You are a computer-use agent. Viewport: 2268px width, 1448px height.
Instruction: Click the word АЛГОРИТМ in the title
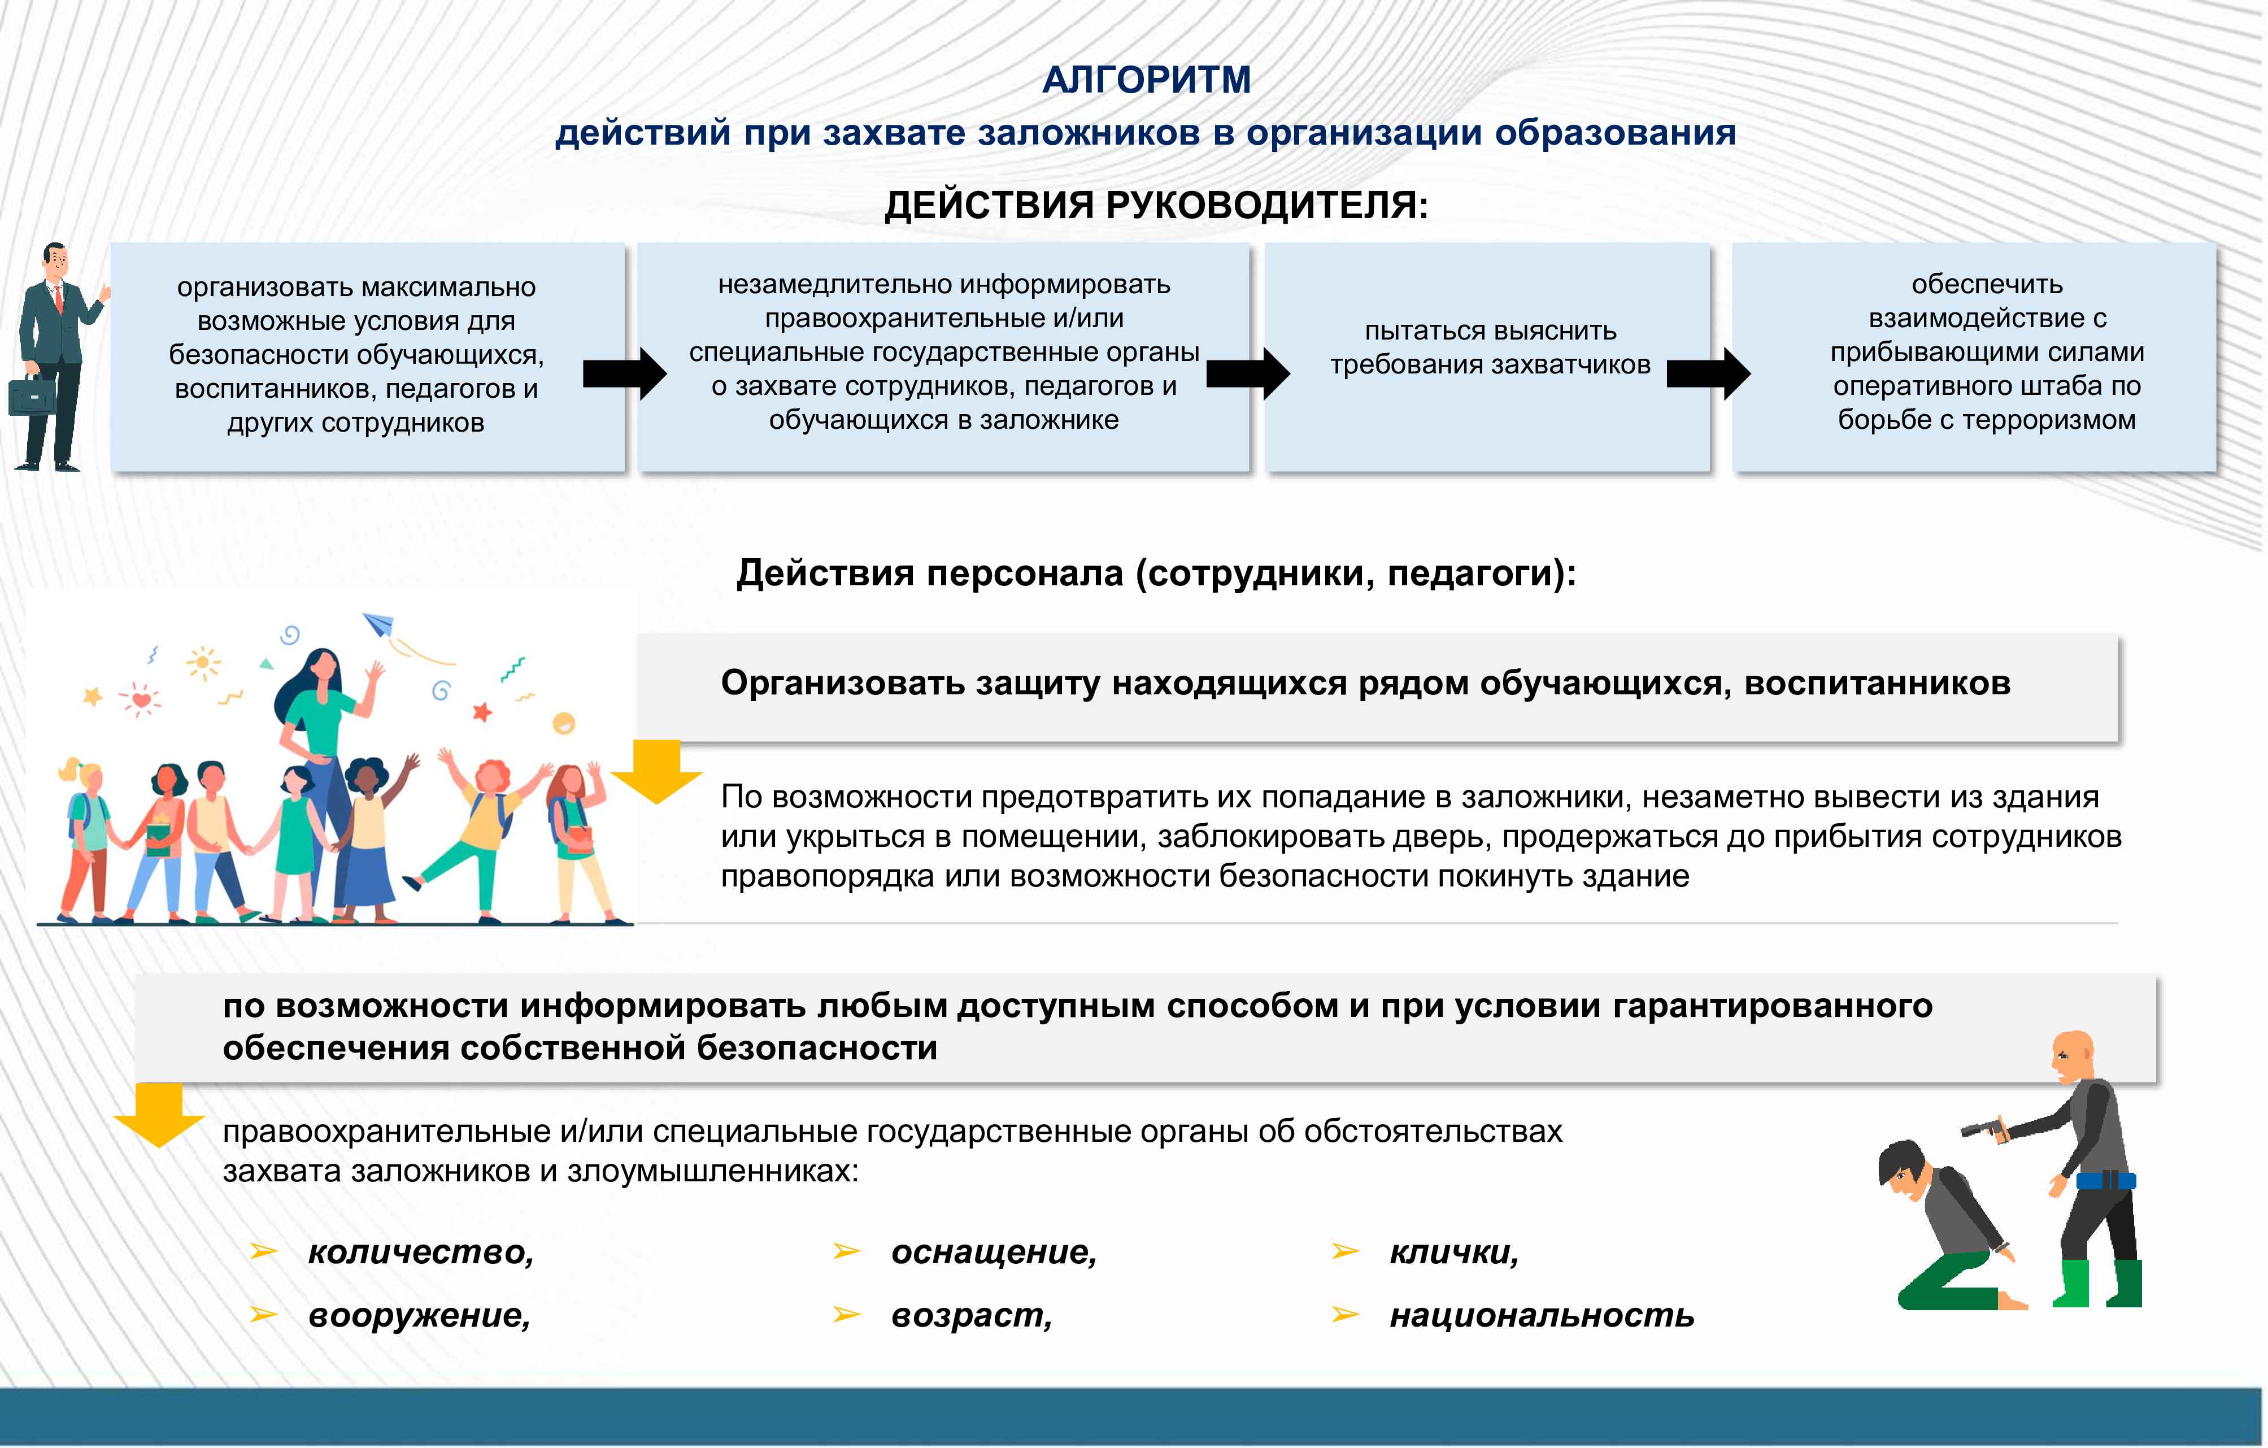pos(1146,80)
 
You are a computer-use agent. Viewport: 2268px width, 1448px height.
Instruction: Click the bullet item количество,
pos(420,1252)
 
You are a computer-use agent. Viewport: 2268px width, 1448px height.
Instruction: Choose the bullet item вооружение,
pos(419,1315)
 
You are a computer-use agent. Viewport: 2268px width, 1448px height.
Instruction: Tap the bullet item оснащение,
pos(994,1252)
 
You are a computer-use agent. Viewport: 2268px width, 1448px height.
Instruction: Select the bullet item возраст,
pos(971,1315)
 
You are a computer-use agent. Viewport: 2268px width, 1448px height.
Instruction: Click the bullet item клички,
pos(1453,1252)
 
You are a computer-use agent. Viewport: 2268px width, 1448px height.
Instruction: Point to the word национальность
pos(1541,1315)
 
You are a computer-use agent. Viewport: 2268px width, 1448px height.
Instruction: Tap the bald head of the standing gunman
pos(2071,1050)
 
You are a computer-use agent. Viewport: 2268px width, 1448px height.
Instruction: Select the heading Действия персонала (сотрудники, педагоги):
pos(1156,573)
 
